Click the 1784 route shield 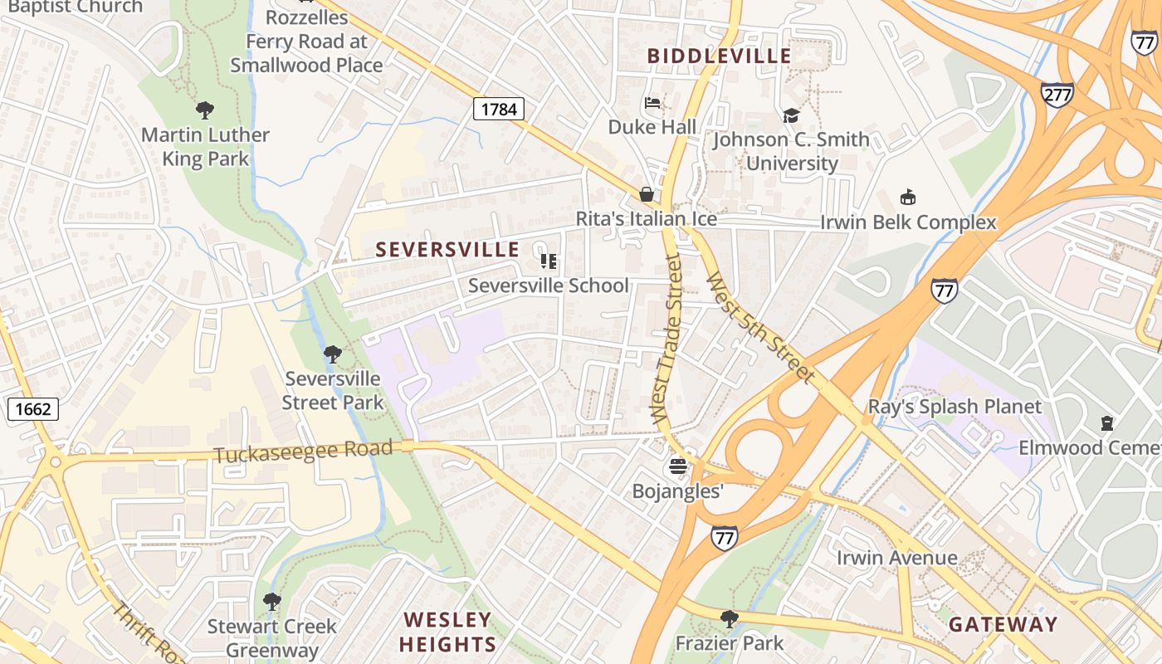point(499,109)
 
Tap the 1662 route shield point(33,408)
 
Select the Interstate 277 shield point(1057,95)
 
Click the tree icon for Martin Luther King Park point(204,110)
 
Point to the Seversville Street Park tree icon point(332,354)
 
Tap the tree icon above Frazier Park point(729,618)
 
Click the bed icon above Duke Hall point(652,103)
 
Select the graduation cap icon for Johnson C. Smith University point(791,116)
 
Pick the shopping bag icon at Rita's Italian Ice point(646,194)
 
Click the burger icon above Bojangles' point(678,466)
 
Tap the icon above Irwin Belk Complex point(908,198)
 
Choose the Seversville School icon point(548,261)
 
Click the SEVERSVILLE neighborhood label point(447,250)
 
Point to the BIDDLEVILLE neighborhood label point(719,56)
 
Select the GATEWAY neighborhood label point(1003,624)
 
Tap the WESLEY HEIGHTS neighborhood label point(447,632)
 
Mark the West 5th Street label point(759,326)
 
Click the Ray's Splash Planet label point(954,407)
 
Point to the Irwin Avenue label point(896,558)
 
